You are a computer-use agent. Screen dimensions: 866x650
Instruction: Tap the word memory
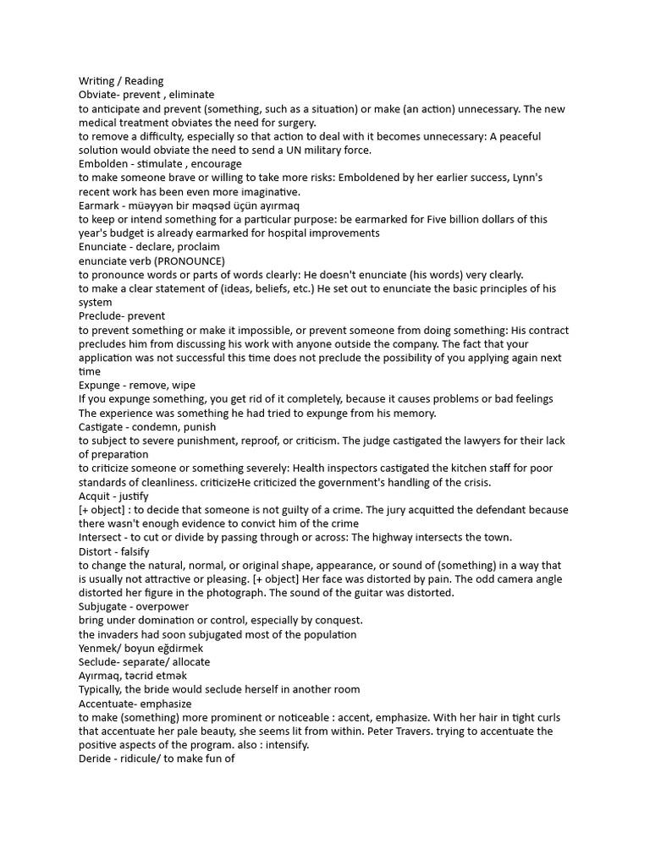[414, 413]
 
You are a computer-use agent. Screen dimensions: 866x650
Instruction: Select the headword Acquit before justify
[95, 496]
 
